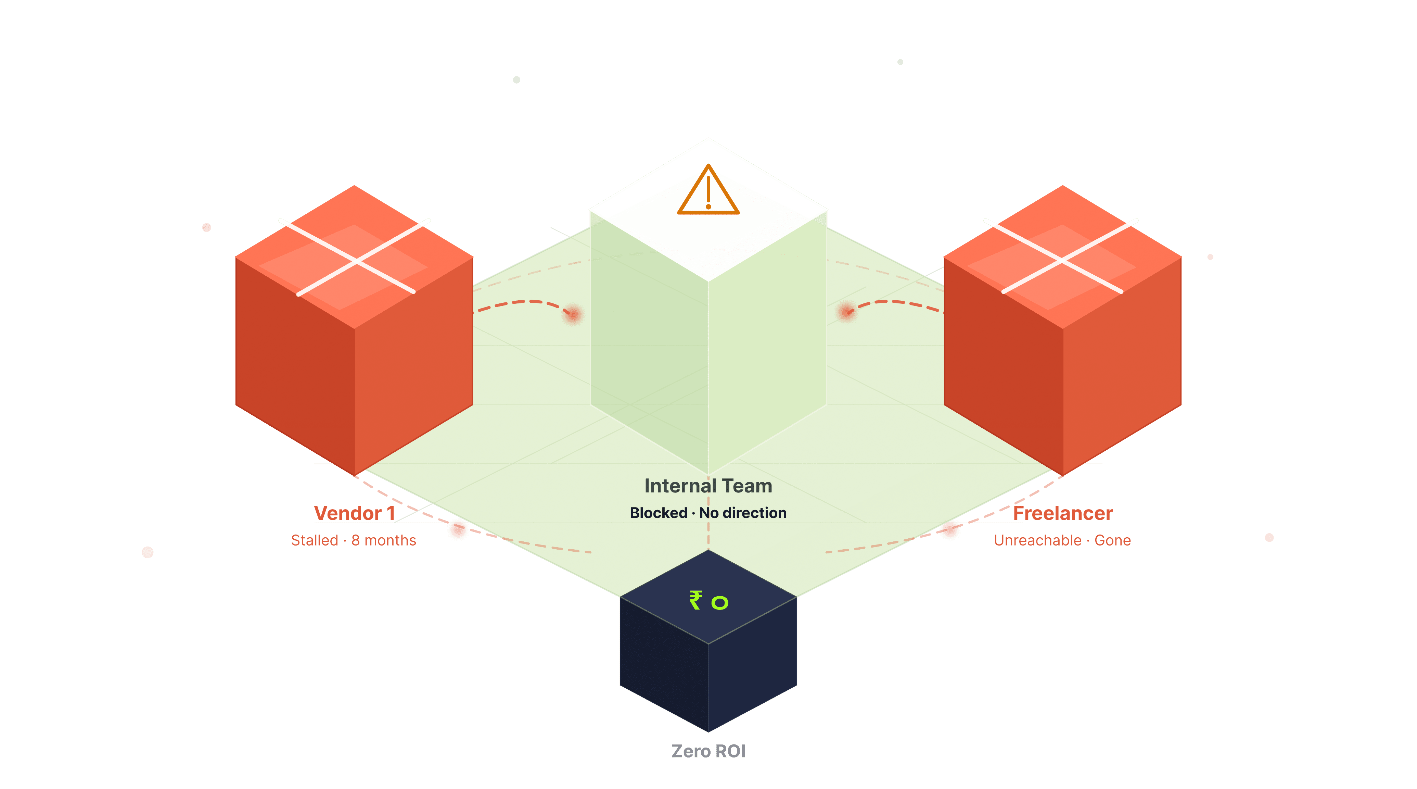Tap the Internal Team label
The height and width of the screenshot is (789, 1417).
tap(708, 486)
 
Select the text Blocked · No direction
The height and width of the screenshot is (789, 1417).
tap(708, 513)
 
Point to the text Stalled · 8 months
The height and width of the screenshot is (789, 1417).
tap(353, 540)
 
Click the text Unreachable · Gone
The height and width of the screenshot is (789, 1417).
tap(1062, 540)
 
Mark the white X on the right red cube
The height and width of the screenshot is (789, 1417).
tap(1061, 256)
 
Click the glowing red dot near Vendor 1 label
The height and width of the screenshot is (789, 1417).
tap(458, 529)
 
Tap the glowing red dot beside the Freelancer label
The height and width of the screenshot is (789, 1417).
tap(949, 529)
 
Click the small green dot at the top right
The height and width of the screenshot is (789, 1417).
tap(901, 62)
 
